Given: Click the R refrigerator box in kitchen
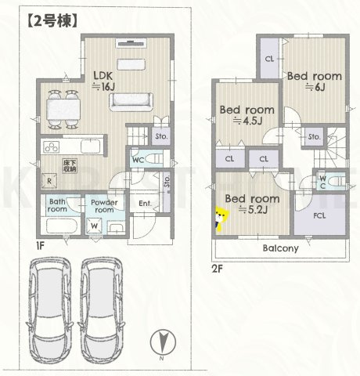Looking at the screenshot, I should (x=50, y=179).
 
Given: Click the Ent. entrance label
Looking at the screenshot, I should (x=146, y=204).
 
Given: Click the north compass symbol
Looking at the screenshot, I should (x=160, y=343).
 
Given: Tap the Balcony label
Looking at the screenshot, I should (x=279, y=248).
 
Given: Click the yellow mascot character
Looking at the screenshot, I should (x=221, y=219).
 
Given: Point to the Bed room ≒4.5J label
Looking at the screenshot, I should (x=246, y=115).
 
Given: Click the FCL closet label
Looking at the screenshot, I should (x=319, y=214).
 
